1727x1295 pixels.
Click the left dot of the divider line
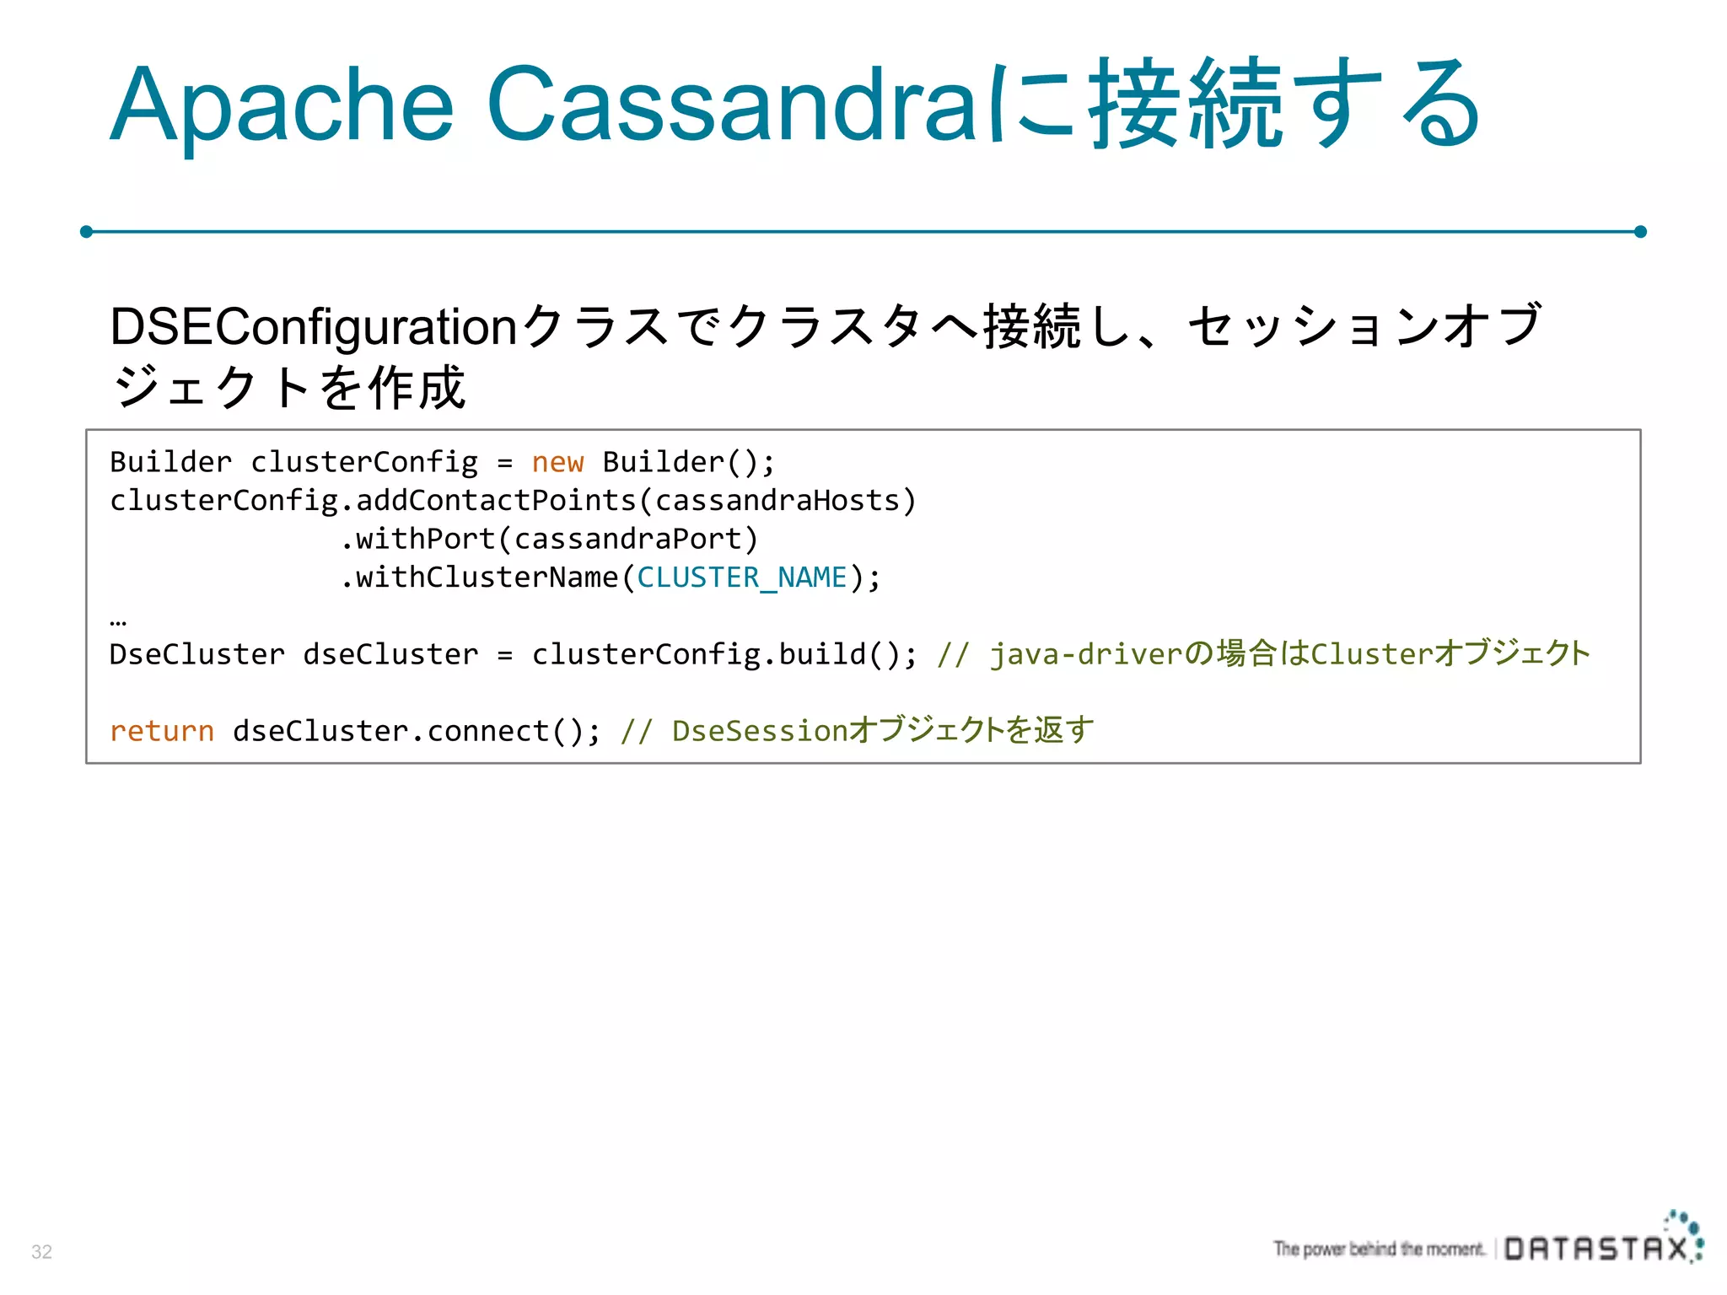pos(86,231)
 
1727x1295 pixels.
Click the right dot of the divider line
pos(1640,231)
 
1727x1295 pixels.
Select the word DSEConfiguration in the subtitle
pos(313,327)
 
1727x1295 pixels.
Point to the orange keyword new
pos(557,462)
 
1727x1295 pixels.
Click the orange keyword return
pos(162,731)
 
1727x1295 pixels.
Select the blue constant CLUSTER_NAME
pos(741,578)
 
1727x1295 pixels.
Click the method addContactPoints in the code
pos(496,501)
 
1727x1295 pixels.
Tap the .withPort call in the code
pos(417,540)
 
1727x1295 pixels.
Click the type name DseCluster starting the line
pos(196,654)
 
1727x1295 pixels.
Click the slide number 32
pos(41,1251)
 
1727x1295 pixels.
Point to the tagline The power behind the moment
pos(1379,1249)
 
